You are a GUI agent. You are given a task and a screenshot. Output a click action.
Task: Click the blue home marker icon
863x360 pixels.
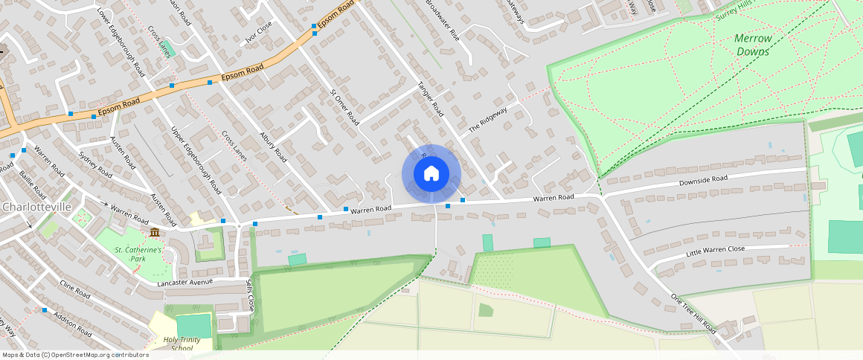coord(431,174)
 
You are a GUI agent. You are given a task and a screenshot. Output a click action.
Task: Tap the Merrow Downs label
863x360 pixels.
coord(753,45)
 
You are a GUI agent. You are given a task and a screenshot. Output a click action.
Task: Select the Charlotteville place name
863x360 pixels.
coord(36,206)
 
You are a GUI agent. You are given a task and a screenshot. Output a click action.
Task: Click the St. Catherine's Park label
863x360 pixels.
coord(138,254)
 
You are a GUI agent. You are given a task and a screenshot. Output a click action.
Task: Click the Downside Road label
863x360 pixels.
coord(702,180)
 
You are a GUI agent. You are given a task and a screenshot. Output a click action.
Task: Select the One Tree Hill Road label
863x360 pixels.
coord(693,314)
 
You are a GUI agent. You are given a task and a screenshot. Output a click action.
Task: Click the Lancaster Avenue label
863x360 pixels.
coord(185,283)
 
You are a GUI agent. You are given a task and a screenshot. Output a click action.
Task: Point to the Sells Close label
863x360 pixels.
coord(250,295)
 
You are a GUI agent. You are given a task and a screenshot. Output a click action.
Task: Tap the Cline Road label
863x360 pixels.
coord(75,290)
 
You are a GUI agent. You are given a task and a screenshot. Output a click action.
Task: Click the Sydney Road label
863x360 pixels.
coord(94,164)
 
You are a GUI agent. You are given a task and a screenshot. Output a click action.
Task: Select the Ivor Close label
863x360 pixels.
coord(259,33)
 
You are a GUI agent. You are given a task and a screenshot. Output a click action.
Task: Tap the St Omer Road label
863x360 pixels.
coord(344,107)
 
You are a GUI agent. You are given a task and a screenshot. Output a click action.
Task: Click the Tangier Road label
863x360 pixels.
coord(430,99)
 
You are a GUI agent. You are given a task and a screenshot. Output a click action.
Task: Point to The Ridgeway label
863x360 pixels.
coord(487,120)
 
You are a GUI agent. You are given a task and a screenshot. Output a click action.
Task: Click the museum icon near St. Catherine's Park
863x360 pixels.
coord(154,233)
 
